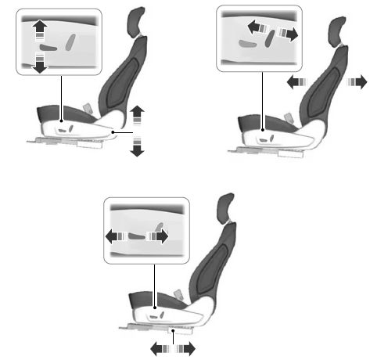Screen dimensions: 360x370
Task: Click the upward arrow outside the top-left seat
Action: coord(138,113)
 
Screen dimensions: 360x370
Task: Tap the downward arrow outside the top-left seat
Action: coord(138,146)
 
